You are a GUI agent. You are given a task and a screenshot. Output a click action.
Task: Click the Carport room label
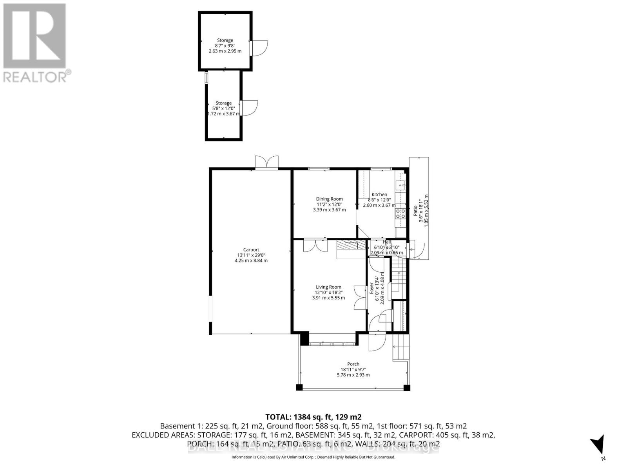tap(251, 249)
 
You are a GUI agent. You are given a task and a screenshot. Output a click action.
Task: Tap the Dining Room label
tap(329, 199)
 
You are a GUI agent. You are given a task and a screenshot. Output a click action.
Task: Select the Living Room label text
tap(328, 287)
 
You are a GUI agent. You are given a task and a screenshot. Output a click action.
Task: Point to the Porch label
tap(353, 364)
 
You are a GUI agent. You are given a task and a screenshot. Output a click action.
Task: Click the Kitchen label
tap(379, 195)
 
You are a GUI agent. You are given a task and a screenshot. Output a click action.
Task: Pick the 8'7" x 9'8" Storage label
tap(225, 40)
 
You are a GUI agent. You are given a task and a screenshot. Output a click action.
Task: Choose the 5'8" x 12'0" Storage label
tap(223, 103)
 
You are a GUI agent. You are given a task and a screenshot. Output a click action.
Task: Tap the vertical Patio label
tap(415, 211)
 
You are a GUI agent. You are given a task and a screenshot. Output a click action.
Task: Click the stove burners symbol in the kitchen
tap(400, 213)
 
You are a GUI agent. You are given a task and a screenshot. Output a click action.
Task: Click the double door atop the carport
tap(266, 162)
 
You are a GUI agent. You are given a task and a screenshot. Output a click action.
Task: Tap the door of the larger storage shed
tap(259, 48)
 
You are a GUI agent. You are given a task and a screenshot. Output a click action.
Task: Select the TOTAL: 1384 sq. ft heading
tap(313, 417)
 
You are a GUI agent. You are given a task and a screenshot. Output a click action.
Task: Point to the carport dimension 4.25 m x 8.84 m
tap(251, 260)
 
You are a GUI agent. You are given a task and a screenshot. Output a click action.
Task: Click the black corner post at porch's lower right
tap(406, 388)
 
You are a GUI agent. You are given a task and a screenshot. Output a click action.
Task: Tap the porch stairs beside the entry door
tap(400, 347)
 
